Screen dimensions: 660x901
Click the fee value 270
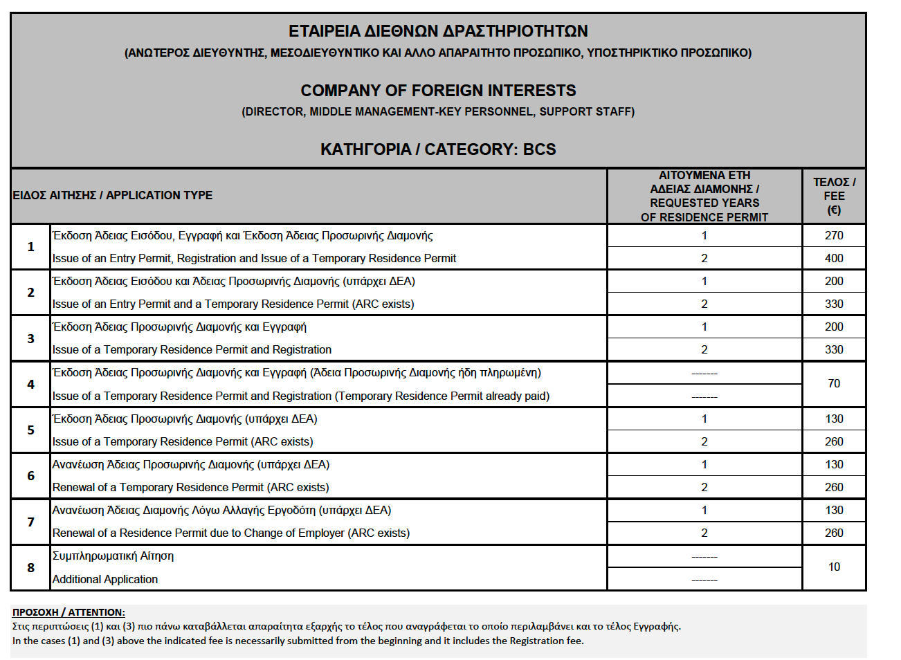[834, 235]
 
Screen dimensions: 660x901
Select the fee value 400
[834, 258]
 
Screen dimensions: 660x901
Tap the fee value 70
[834, 383]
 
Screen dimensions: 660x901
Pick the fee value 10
[834, 567]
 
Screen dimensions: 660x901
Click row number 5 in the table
[30, 430]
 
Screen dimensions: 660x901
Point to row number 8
[30, 567]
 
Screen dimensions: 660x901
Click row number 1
[30, 246]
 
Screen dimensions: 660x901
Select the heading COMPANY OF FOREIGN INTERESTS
[438, 91]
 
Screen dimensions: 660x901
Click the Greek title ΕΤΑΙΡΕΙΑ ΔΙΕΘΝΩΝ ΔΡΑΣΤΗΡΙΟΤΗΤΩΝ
[438, 31]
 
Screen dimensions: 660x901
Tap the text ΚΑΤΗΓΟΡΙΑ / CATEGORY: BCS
[438, 149]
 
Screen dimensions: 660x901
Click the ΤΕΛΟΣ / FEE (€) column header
[834, 196]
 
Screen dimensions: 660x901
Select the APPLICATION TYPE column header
[113, 195]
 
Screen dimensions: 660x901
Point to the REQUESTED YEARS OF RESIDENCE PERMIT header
[704, 196]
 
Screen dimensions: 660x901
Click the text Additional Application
[105, 579]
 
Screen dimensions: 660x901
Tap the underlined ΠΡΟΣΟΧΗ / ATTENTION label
[69, 612]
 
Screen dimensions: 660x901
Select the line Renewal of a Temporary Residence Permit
[190, 487]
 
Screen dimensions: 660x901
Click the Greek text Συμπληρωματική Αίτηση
[113, 556]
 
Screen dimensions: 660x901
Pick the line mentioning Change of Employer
[231, 533]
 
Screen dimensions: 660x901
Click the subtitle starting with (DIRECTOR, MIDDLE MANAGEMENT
[438, 111]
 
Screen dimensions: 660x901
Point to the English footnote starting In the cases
[298, 641]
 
